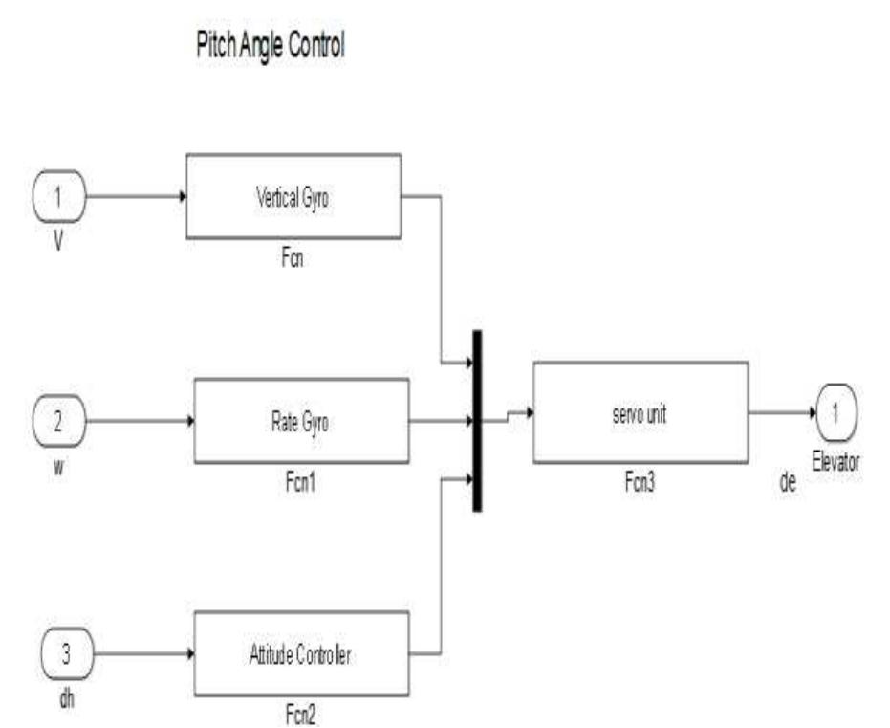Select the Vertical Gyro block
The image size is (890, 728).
293,196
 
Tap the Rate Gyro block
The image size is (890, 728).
301,421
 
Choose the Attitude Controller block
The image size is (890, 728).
301,654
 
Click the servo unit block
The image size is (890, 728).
640,411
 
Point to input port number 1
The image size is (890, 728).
59,196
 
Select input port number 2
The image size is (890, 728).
59,421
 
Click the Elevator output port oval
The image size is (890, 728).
836,413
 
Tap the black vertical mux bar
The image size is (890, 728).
477,421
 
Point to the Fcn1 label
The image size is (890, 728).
301,483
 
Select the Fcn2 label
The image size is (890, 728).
301,715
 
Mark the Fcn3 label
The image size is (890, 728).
640,473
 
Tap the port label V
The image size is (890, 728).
58,242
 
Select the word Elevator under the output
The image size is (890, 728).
836,462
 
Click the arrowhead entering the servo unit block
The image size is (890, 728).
527,413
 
